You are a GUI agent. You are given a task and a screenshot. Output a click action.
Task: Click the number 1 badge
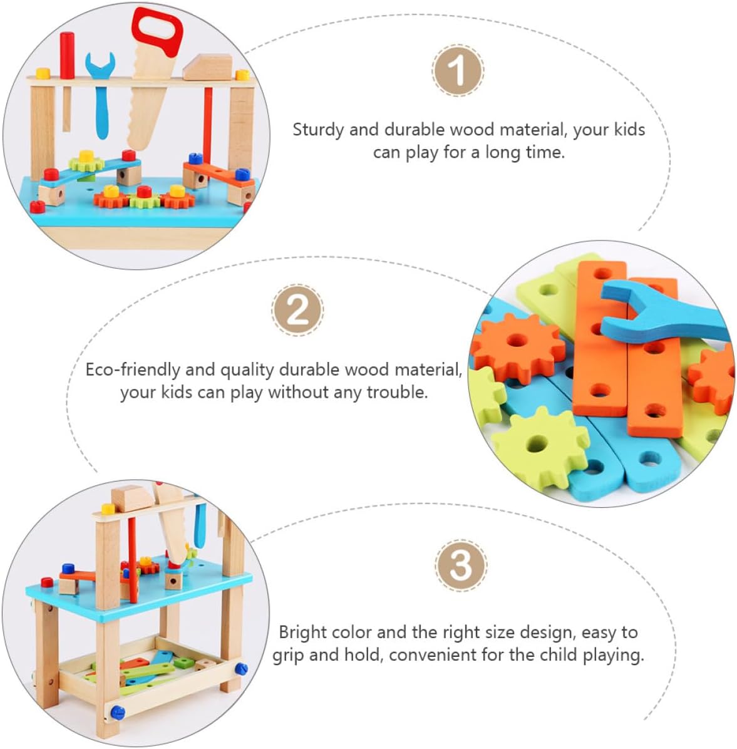(458, 71)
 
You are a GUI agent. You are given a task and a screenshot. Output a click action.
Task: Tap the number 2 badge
(297, 310)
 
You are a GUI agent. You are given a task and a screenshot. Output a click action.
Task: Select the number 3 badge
(460, 565)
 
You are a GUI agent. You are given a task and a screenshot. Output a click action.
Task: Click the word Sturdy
(318, 130)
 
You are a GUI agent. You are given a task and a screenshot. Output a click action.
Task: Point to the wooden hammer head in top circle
(208, 68)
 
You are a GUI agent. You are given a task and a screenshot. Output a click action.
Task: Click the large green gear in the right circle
(541, 445)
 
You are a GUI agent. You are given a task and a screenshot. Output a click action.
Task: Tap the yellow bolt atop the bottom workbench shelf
(108, 509)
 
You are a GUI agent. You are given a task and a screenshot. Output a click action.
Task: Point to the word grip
(287, 655)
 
